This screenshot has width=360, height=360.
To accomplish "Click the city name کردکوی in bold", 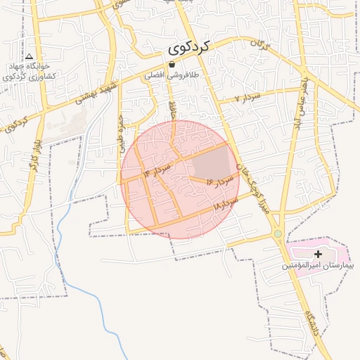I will pyautogui.click(x=189, y=49).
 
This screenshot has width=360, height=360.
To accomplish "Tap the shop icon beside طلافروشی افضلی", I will pyautogui.click(x=172, y=65).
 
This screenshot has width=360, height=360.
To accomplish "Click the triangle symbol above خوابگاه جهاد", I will pyautogui.click(x=30, y=56).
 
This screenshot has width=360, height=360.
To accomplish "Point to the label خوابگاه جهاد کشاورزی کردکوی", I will pyautogui.click(x=29, y=72).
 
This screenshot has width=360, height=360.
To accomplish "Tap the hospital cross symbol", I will pyautogui.click(x=318, y=253).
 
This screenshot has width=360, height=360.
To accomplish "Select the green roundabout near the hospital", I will pyautogui.click(x=278, y=233).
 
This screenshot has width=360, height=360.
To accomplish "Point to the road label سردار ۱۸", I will pyautogui.click(x=226, y=205).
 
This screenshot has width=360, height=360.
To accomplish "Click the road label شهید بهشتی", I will pyautogui.click(x=94, y=94).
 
